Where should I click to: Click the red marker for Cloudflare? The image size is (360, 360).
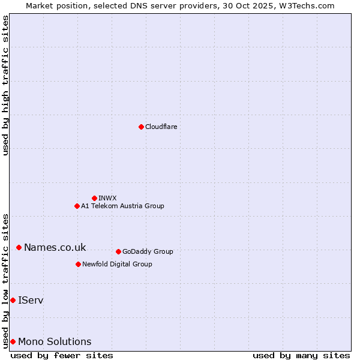(141, 127)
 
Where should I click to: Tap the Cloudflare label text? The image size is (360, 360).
(161, 127)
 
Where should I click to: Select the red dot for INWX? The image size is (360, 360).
(94, 198)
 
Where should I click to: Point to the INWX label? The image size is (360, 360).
(107, 198)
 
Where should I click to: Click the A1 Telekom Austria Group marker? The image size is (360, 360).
(77, 206)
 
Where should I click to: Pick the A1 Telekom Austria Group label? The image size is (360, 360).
(122, 206)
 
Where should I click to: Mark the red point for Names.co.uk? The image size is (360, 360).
(19, 247)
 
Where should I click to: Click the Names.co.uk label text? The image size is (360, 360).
(55, 247)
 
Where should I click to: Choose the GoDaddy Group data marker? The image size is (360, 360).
(118, 251)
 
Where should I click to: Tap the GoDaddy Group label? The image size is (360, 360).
(148, 251)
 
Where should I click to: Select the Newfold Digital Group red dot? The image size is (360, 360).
(78, 264)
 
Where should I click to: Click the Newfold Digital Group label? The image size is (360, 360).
(117, 264)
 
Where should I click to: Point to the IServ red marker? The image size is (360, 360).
(13, 300)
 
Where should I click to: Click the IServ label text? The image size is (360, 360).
(31, 300)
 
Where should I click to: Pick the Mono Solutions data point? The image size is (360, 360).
(13, 341)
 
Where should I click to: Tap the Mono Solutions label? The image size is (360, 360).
(55, 342)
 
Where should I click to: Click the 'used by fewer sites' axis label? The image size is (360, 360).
(62, 355)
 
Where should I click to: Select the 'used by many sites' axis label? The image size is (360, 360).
(301, 355)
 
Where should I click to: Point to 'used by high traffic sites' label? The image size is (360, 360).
(5, 85)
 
